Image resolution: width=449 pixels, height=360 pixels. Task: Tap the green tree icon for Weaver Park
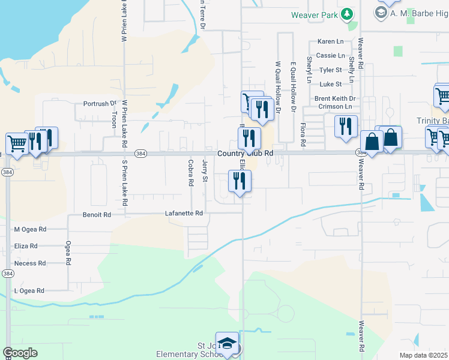tap(346, 14)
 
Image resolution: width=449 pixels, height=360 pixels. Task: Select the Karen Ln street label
tap(331, 41)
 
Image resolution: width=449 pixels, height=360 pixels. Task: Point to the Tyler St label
tap(331, 70)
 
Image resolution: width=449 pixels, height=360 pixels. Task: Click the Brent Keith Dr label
tap(335, 98)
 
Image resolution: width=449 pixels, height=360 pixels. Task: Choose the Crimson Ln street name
tap(335, 106)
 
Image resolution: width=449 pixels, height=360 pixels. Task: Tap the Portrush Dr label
tap(99, 103)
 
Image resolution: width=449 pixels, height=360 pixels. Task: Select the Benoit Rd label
tap(97, 214)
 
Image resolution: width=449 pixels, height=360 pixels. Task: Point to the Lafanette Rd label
tap(184, 213)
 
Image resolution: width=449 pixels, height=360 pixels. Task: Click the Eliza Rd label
tap(26, 246)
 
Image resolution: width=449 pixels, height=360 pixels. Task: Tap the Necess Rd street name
tap(30, 263)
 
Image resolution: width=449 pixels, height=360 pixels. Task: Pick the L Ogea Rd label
tap(29, 290)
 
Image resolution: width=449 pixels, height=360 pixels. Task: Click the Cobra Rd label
tap(190, 172)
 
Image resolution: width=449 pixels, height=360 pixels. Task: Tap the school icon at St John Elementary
tap(227, 343)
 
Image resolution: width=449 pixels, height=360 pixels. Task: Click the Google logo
tap(20, 353)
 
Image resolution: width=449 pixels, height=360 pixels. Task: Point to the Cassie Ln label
tap(330, 55)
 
